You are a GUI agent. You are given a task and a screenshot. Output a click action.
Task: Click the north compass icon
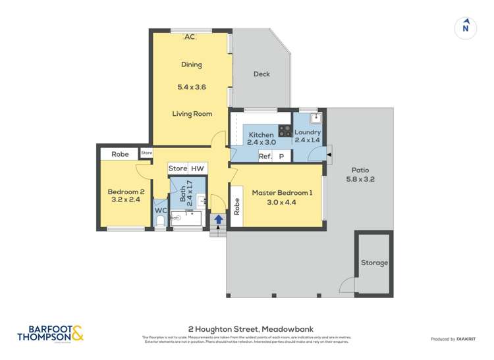point(466,27)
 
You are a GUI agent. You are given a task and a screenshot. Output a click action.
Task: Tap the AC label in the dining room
point(190,37)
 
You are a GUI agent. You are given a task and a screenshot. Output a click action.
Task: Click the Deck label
point(261,74)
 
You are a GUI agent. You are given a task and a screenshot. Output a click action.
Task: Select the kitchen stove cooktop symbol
point(285,131)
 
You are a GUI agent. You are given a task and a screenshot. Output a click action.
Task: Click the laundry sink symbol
point(316,118)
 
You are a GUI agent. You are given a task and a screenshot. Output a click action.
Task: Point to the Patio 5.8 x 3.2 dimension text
point(360,178)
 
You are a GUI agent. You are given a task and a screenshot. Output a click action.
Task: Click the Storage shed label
point(374,263)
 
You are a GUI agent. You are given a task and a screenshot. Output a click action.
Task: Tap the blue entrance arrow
point(218,219)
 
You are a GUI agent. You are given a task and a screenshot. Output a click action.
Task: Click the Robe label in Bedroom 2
point(120,154)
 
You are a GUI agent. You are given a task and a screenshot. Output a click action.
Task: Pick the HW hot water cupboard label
point(198,168)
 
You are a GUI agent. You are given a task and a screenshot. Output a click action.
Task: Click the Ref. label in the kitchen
point(265,156)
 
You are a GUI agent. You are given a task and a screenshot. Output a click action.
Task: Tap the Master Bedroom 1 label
point(282,193)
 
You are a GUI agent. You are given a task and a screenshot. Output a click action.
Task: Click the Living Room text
point(192,114)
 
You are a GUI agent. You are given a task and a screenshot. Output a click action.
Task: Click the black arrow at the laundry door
point(329,153)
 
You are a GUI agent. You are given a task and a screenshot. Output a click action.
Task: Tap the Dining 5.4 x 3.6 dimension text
point(192,86)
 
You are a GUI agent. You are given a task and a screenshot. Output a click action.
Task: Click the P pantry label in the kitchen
point(281,156)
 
